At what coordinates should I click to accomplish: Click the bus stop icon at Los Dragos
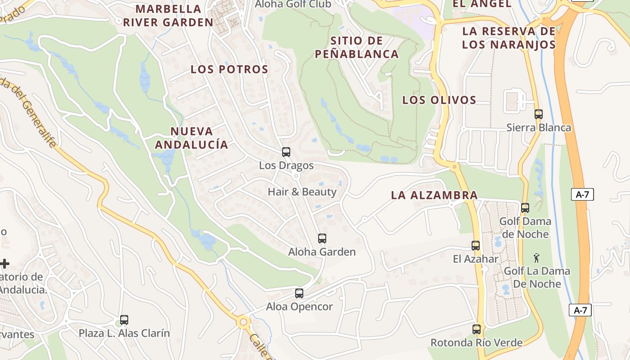pos(286,152)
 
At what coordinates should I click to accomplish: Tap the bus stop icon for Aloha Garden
pos(322,238)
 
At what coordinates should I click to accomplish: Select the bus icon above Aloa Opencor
pos(299,293)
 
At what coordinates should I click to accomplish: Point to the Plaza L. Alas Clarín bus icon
pos(124,320)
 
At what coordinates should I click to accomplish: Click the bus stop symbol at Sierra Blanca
pos(539,114)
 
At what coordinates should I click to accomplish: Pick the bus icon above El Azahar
pos(476,246)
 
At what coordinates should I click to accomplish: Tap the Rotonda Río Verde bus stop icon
pos(477,329)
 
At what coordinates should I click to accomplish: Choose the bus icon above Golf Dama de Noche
pos(525,208)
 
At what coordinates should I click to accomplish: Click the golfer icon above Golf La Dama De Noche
pos(536,258)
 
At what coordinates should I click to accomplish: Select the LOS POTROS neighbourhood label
pos(229,69)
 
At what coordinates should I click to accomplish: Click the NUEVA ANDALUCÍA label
pos(192,138)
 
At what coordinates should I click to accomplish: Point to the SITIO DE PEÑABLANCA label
pos(356,47)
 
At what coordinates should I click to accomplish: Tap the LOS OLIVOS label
pos(439,100)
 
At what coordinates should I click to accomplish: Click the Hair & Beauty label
pos(302,192)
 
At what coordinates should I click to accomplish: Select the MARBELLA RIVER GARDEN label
pos(168,15)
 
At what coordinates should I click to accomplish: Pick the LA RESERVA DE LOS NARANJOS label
pos(509,38)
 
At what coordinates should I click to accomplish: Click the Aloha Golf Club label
pos(293,4)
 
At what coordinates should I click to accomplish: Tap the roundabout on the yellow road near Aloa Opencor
pos(243,322)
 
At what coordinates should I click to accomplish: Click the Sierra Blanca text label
pos(539,127)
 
